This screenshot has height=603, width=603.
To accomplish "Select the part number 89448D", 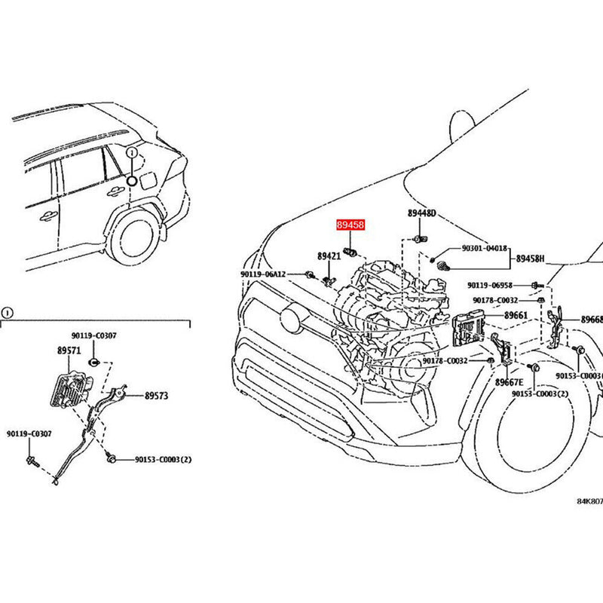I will click(422, 214).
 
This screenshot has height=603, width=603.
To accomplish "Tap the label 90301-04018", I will click(484, 247).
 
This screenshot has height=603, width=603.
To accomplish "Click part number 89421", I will click(329, 257).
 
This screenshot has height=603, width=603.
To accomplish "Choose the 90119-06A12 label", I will click(263, 274).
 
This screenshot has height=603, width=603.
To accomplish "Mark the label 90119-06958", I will click(489, 286).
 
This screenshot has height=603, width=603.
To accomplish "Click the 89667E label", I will click(510, 383).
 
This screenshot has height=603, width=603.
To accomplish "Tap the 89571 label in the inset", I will click(68, 350).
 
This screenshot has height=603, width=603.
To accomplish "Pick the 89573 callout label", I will click(158, 394).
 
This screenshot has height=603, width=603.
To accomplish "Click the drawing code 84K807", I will click(589, 501).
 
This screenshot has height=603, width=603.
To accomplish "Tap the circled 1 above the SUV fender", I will click(132, 152).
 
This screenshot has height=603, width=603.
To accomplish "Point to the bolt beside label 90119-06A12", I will click(310, 274).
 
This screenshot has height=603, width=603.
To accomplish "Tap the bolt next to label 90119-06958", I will click(534, 285).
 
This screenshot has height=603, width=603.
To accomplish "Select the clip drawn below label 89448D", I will click(418, 239).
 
